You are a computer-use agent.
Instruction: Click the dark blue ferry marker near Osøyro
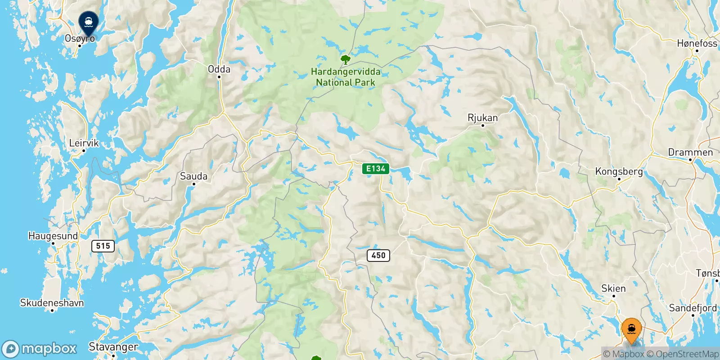coord(89,22)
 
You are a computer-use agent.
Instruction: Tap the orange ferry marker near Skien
coord(631,330)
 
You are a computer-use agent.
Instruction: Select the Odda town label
coord(219,69)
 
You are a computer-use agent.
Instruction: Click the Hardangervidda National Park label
coord(346,77)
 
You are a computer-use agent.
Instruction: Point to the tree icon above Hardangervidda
coord(345,59)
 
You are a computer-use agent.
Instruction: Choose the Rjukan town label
coord(483,118)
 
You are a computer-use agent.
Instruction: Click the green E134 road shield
coord(375,169)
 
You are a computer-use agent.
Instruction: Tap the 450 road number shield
coord(378,255)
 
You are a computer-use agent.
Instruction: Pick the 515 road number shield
coord(103,246)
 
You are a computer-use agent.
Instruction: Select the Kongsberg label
coord(619,171)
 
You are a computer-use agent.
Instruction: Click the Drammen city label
coord(690,152)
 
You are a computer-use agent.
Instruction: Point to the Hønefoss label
coord(697,43)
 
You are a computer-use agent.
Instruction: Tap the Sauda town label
coord(193,176)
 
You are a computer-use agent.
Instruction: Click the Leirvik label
coord(84,143)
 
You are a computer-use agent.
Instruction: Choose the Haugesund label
coord(53,236)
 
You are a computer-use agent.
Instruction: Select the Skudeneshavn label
coord(52,303)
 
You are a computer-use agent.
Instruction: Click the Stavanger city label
coord(113,347)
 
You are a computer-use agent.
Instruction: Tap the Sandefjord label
coord(693,308)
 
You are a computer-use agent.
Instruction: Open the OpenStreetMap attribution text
coord(683,354)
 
